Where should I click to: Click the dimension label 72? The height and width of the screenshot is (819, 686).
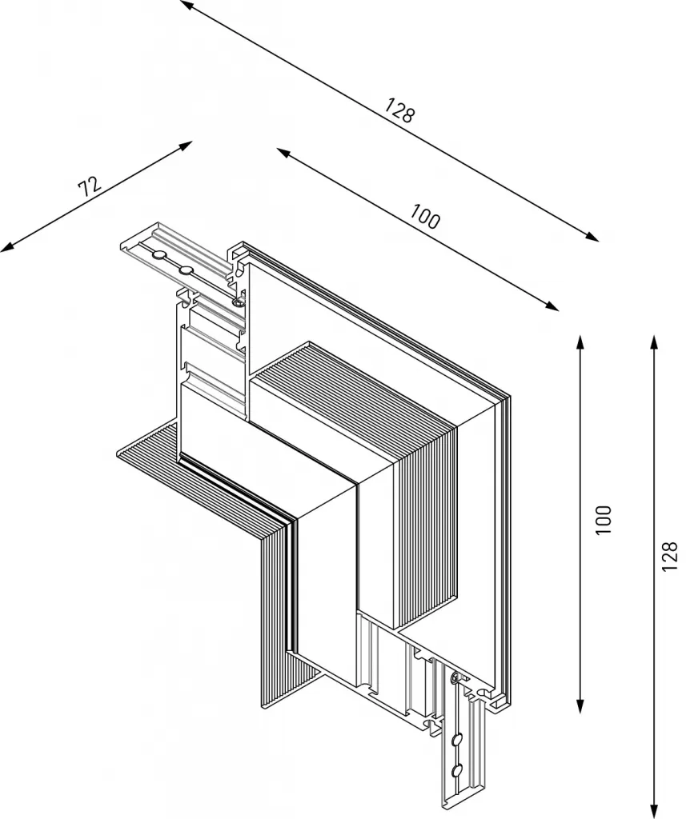click(90, 187)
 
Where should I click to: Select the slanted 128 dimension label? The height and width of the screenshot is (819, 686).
click(399, 110)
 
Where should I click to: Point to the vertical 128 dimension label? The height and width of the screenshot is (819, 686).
click(670, 557)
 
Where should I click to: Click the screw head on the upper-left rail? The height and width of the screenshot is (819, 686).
click(237, 302)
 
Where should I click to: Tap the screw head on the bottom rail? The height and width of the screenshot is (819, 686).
click(455, 678)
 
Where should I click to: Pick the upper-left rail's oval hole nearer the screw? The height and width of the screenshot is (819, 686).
click(186, 270)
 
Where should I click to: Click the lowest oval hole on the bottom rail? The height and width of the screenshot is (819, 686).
click(457, 771)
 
